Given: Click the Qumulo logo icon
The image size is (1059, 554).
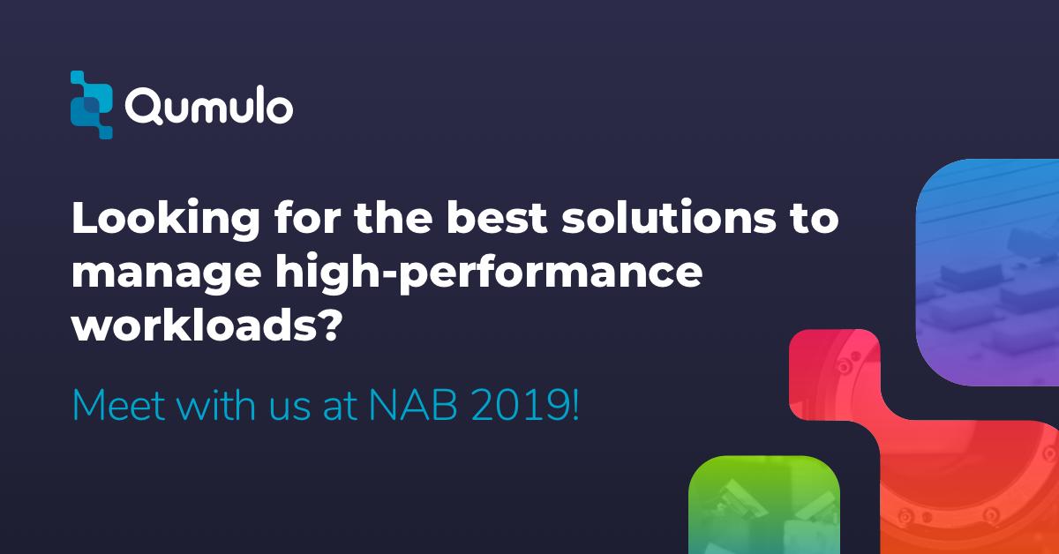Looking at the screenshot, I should coord(92,105).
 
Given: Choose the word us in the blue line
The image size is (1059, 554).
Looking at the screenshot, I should coord(291,407).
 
